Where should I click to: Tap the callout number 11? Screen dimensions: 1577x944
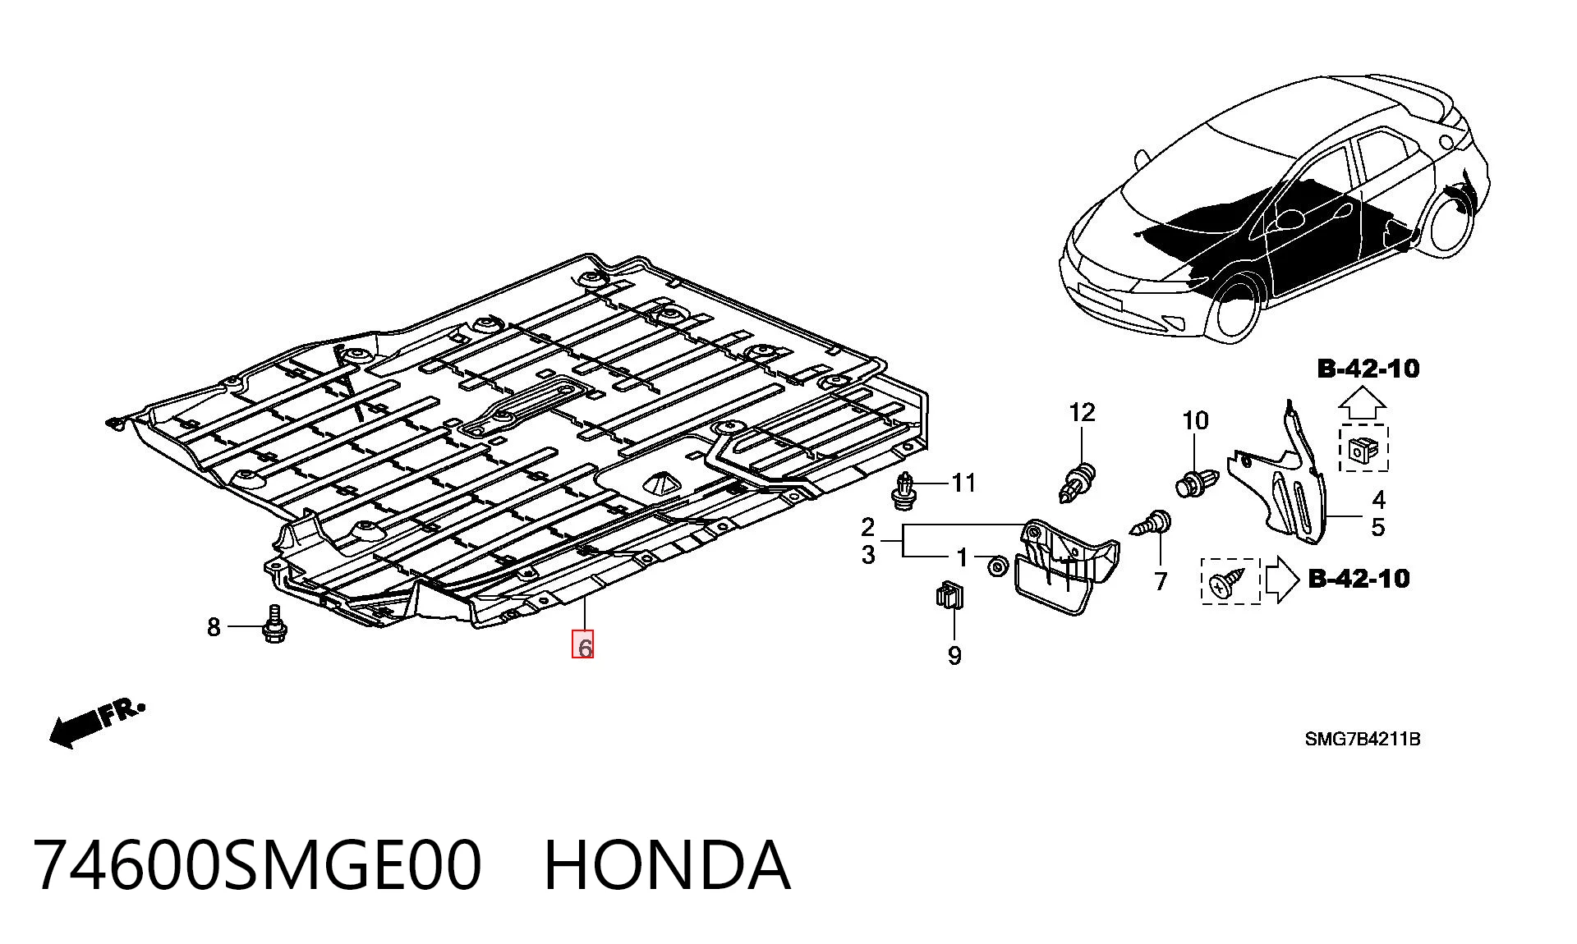pyautogui.click(x=963, y=483)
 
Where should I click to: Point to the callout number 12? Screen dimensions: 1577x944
pyautogui.click(x=1082, y=412)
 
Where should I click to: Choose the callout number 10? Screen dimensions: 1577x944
pyautogui.click(x=1195, y=420)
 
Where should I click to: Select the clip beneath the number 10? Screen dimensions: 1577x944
pyautogui.click(x=1193, y=482)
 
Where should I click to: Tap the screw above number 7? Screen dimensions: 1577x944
pyautogui.click(x=1153, y=524)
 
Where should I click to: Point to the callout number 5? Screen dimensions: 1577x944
pyautogui.click(x=1377, y=527)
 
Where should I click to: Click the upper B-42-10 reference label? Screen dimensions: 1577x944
pyautogui.click(x=1368, y=369)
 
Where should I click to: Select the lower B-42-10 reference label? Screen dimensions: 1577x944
pyautogui.click(x=1359, y=579)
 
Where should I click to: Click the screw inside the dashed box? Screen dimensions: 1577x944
pyautogui.click(x=1229, y=581)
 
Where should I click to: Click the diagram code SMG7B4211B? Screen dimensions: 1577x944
pyautogui.click(x=1363, y=739)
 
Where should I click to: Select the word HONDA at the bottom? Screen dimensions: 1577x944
pyautogui.click(x=667, y=865)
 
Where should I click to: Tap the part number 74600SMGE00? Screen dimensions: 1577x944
pyautogui.click(x=258, y=865)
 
